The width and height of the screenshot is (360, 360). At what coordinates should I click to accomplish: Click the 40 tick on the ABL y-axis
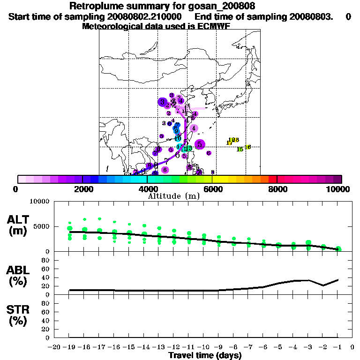pyautogui.click(x=46, y=277)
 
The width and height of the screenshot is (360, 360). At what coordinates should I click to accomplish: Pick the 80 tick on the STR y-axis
pyautogui.click(x=46, y=303)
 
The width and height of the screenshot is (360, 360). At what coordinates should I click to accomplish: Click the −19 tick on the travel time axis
pyautogui.click(x=69, y=347)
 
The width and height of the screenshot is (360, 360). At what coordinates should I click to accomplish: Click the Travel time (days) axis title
pyautogui.click(x=204, y=355)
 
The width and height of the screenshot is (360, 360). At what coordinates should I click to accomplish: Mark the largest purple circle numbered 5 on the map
pyautogui.click(x=200, y=144)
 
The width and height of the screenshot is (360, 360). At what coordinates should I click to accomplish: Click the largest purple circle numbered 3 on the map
pyautogui.click(x=162, y=102)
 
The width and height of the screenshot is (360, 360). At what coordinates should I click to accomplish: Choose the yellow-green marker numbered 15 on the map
pyautogui.click(x=240, y=150)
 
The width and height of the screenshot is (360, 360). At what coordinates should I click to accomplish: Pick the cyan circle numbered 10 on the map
pyautogui.click(x=178, y=138)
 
